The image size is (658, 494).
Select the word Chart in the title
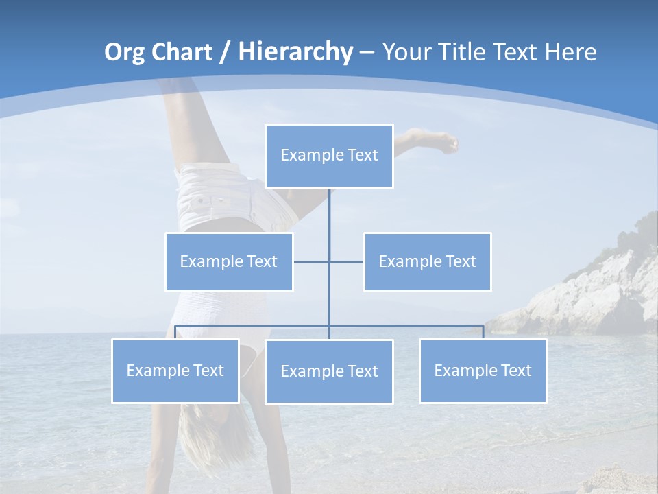(184, 52)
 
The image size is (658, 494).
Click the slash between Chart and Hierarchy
(225, 53)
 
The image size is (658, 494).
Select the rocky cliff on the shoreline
(596, 288)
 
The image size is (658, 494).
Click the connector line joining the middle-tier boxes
(312, 261)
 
